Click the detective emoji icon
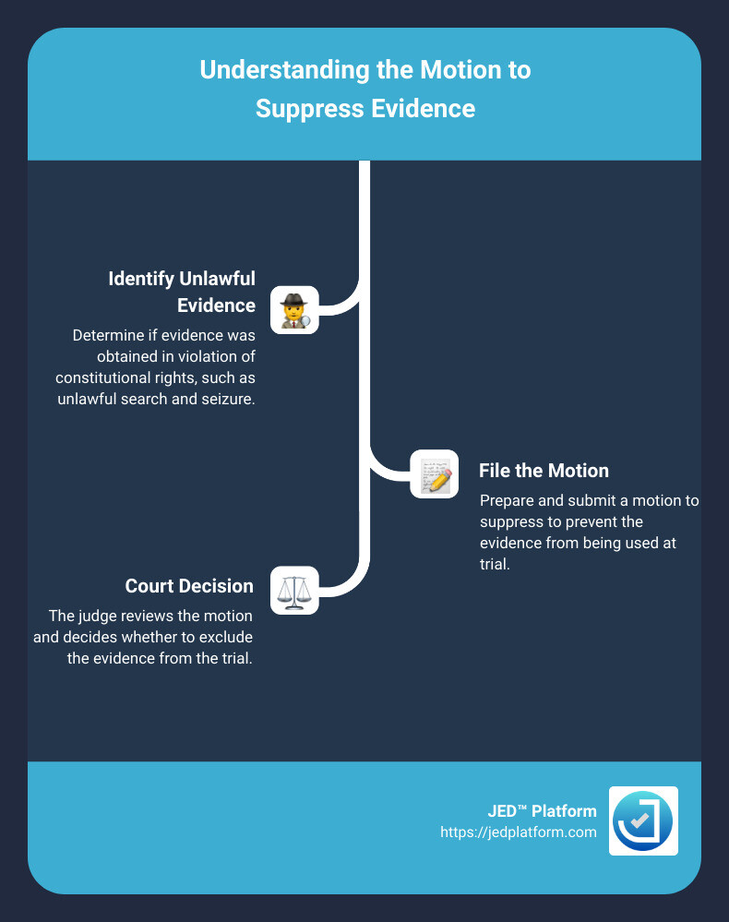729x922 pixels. [x=294, y=309]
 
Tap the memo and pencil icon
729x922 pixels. [x=434, y=473]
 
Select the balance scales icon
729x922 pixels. [x=294, y=591]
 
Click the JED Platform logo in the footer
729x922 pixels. [x=643, y=820]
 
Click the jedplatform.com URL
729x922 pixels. [x=519, y=832]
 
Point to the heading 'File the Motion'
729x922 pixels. [x=544, y=471]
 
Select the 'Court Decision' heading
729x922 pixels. [x=189, y=586]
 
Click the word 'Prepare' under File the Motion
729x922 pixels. [x=507, y=501]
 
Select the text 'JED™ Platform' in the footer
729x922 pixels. [x=542, y=811]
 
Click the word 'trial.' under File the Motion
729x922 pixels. [x=495, y=563]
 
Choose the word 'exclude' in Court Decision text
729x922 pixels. [x=226, y=638]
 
